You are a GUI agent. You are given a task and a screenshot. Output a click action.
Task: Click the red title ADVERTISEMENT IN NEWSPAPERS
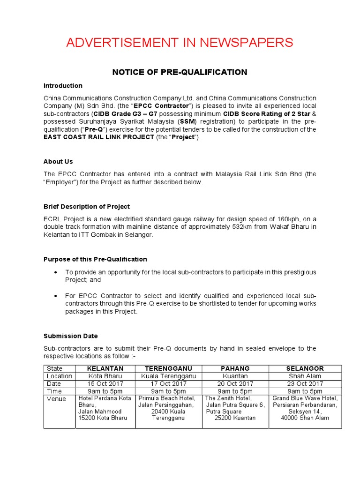pyautogui.click(x=180, y=43)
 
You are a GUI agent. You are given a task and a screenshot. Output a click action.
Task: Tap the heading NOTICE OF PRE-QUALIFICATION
pyautogui.click(x=180, y=72)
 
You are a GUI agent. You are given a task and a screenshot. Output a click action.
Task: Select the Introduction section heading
pyautogui.click(x=63, y=86)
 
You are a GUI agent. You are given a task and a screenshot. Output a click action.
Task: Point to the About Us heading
pyautogui.click(x=58, y=162)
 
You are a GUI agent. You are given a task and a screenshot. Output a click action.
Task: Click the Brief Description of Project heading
pyautogui.click(x=87, y=207)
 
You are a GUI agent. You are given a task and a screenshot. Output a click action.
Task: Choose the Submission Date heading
pyautogui.click(x=71, y=336)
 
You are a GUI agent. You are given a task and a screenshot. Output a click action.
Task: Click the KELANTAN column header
pyautogui.click(x=105, y=368)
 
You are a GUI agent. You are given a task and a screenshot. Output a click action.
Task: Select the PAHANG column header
pyautogui.click(x=235, y=368)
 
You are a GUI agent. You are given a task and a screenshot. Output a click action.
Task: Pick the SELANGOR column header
pyautogui.click(x=305, y=368)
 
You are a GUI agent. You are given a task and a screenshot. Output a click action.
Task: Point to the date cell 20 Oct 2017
pyautogui.click(x=235, y=383)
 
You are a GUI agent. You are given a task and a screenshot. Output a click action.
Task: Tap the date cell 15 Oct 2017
pyautogui.click(x=105, y=383)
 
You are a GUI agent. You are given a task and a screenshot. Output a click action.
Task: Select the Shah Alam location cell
pyautogui.click(x=305, y=376)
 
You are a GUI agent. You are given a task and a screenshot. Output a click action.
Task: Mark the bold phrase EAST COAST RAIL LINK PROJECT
pyautogui.click(x=99, y=137)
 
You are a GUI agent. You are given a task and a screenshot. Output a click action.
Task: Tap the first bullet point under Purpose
pyautogui.click(x=57, y=272)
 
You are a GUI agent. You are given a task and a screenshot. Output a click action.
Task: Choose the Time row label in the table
pyautogui.click(x=54, y=391)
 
